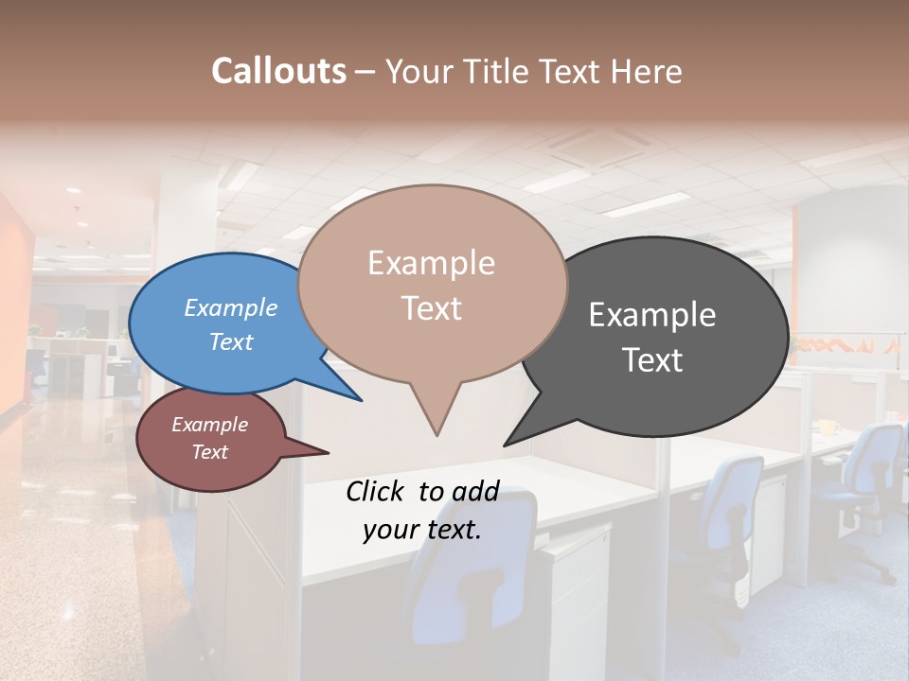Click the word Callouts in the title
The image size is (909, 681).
[278, 71]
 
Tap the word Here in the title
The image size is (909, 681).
[647, 71]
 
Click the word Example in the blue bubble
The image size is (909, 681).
[231, 308]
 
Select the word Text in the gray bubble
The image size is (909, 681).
[652, 360]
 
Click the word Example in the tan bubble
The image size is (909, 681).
[432, 263]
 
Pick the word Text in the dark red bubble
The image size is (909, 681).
[210, 452]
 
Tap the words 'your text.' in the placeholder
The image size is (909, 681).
[422, 530]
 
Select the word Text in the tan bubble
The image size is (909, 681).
[432, 308]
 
